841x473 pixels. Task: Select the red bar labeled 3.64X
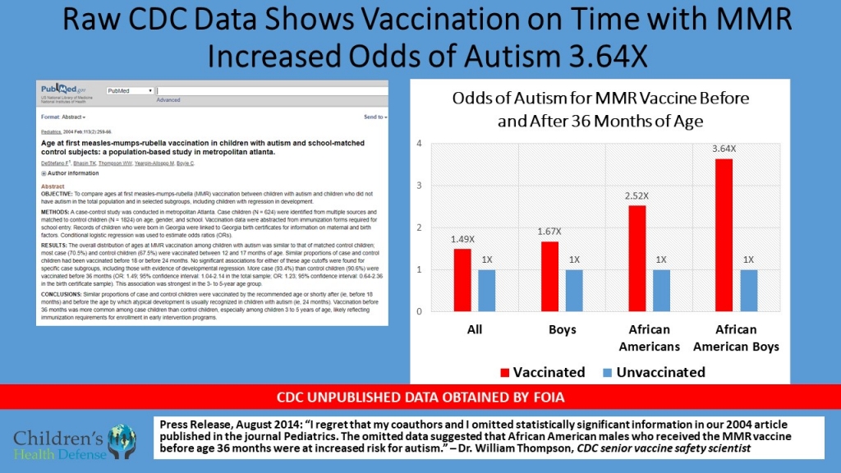(x=723, y=235)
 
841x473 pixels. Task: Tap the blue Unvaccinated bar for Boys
(x=574, y=290)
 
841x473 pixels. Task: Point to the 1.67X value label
(x=549, y=232)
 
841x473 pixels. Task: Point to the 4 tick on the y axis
(x=419, y=144)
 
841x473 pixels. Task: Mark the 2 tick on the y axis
(x=419, y=227)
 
